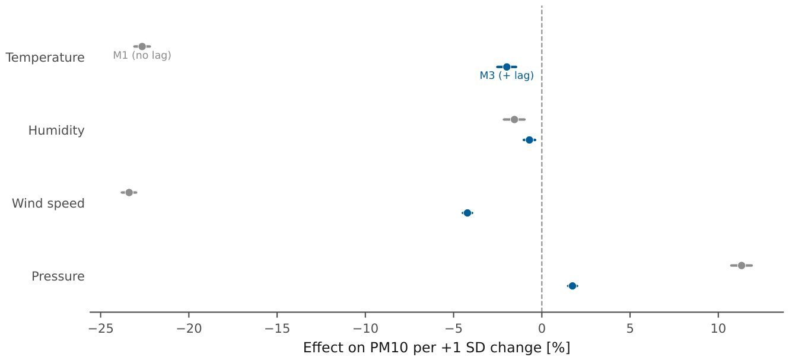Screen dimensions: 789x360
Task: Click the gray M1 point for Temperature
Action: pyautogui.click(x=142, y=46)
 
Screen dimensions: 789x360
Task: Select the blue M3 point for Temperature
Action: pyautogui.click(x=507, y=67)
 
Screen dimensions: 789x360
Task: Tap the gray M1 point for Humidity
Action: pyautogui.click(x=514, y=119)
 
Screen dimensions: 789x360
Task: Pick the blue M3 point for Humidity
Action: pyautogui.click(x=529, y=140)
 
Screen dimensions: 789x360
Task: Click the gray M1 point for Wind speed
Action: pyautogui.click(x=129, y=192)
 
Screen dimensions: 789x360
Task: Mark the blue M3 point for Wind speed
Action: pyautogui.click(x=467, y=213)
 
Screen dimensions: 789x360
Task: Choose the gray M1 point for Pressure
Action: pyautogui.click(x=742, y=265)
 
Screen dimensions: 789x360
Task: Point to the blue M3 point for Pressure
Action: pyautogui.click(x=572, y=286)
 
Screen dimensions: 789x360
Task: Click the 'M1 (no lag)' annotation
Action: pyautogui.click(x=142, y=55)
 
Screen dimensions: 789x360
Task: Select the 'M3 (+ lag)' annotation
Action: pyautogui.click(x=507, y=75)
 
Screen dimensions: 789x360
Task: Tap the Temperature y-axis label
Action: pyautogui.click(x=45, y=58)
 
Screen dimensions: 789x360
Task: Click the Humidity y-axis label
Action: pyautogui.click(x=56, y=130)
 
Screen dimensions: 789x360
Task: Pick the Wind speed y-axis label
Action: pyautogui.click(x=48, y=203)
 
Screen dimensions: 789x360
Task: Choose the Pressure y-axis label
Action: pyautogui.click(x=58, y=276)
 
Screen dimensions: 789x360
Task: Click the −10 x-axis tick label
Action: pyautogui.click(x=365, y=329)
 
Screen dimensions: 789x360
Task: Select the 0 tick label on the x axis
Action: pyautogui.click(x=542, y=329)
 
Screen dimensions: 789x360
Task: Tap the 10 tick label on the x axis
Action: pyautogui.click(x=718, y=329)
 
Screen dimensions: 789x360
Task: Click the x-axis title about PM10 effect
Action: pyautogui.click(x=437, y=348)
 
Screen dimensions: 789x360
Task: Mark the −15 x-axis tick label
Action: pyautogui.click(x=277, y=329)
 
